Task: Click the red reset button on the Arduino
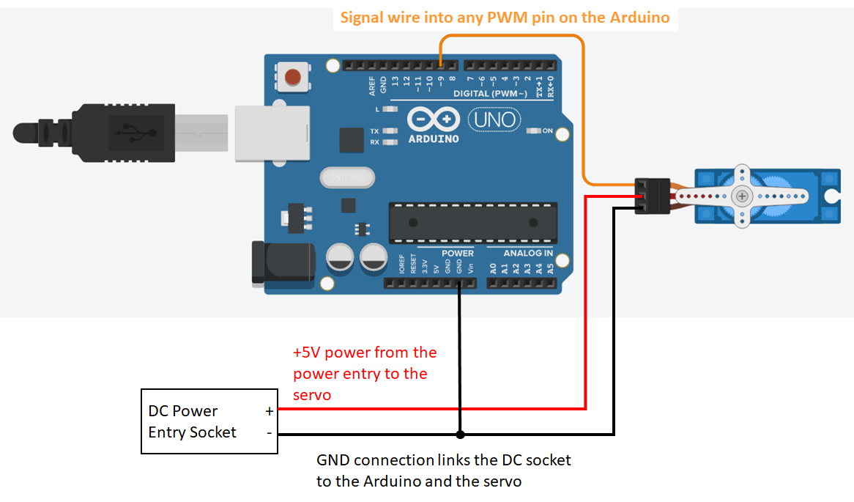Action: coord(293,76)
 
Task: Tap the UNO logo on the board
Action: coord(494,119)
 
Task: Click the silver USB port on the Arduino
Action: coord(272,133)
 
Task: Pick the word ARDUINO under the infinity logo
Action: coord(434,139)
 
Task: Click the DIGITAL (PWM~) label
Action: coord(490,95)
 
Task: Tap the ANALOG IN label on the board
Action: coord(528,253)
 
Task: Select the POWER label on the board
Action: coord(458,253)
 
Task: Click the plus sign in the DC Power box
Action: coord(270,411)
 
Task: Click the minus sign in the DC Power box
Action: coord(270,432)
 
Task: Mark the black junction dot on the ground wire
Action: coord(460,435)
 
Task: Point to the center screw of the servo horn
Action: coord(743,196)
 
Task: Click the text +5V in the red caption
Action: coord(306,352)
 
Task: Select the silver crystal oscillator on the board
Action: coord(346,177)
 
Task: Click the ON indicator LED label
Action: coord(546,130)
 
